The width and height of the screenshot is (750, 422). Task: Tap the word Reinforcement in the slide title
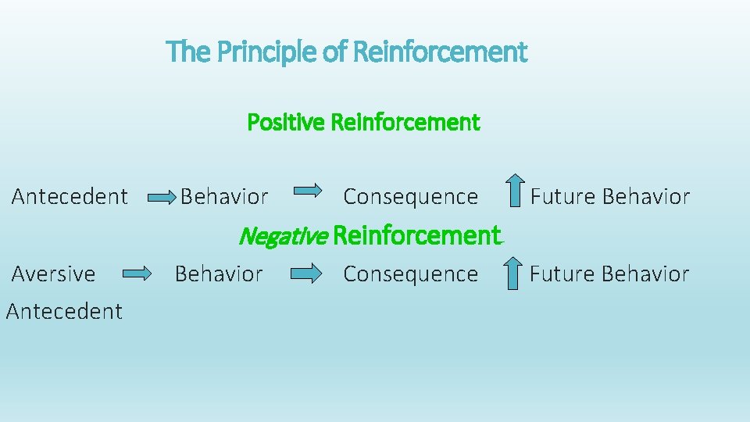[440, 53]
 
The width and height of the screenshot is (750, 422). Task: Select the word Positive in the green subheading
[286, 123]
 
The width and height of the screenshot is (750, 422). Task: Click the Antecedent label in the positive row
[70, 196]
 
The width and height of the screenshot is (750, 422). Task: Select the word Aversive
[53, 274]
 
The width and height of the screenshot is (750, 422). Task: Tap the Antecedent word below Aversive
[64, 311]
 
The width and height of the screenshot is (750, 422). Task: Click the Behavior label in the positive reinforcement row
[224, 196]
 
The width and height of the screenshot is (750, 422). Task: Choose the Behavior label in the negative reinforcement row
[219, 274]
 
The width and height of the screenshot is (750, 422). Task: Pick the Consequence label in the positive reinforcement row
[410, 196]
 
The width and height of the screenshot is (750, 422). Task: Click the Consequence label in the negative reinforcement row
[410, 274]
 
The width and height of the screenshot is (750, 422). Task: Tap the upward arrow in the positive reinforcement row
[513, 191]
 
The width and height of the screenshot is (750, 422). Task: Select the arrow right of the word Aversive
[137, 274]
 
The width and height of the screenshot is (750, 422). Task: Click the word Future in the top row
[557, 196]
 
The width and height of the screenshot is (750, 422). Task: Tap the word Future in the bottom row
[556, 274]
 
